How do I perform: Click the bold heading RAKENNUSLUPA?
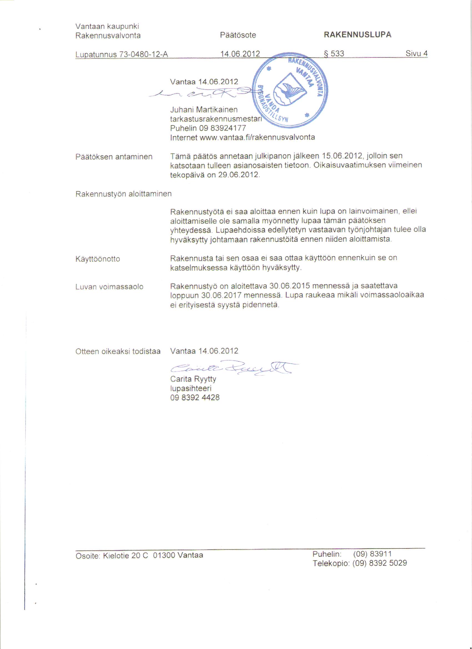(x=358, y=35)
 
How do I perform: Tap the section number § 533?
(x=334, y=54)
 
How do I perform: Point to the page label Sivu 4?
(x=416, y=54)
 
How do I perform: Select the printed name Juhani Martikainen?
(x=204, y=110)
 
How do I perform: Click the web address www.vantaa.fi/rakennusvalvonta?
(x=257, y=137)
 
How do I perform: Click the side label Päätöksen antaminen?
(x=114, y=157)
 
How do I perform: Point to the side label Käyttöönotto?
(x=98, y=259)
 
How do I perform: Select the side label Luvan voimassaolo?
(x=109, y=287)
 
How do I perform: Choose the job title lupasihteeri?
(x=191, y=388)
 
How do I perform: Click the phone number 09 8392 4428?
(x=195, y=398)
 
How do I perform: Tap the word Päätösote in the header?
(x=238, y=35)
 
